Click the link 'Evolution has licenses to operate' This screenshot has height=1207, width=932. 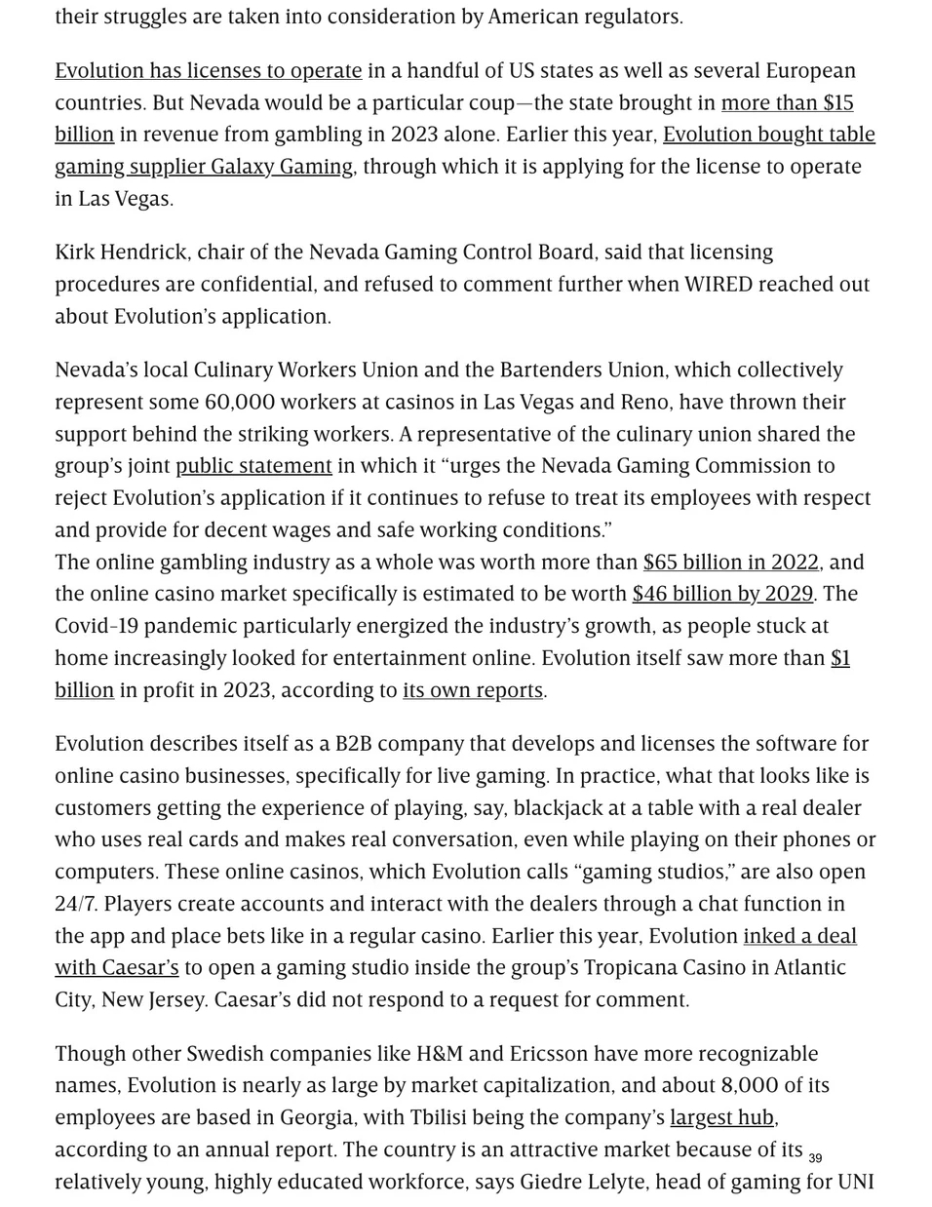(208, 71)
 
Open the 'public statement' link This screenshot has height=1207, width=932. (253, 466)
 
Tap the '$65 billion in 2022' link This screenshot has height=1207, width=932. (730, 563)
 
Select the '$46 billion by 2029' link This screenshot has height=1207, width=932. (721, 594)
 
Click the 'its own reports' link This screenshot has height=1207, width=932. (472, 690)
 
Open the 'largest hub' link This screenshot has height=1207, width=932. (721, 1117)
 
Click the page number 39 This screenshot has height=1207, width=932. (815, 1158)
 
